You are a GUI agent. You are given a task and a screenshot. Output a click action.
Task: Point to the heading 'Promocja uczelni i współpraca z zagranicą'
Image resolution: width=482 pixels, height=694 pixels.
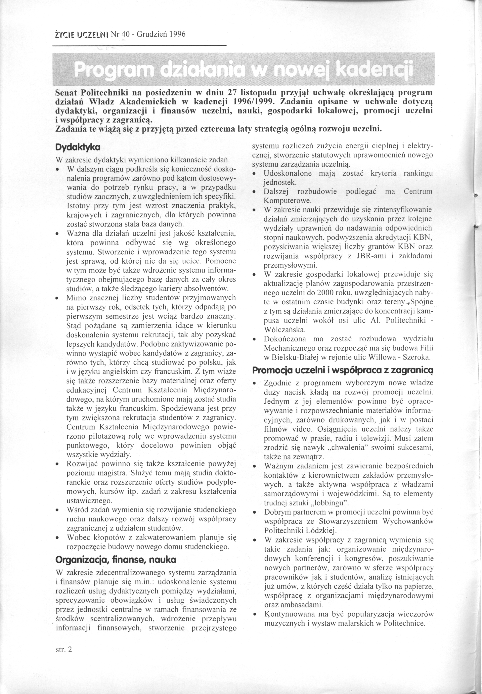[x=342, y=370]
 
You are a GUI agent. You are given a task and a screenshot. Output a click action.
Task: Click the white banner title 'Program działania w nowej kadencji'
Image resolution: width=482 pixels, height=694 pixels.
[x=243, y=70]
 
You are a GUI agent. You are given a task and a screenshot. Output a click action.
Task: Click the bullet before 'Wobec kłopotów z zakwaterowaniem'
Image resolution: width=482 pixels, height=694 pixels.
[x=57, y=538]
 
